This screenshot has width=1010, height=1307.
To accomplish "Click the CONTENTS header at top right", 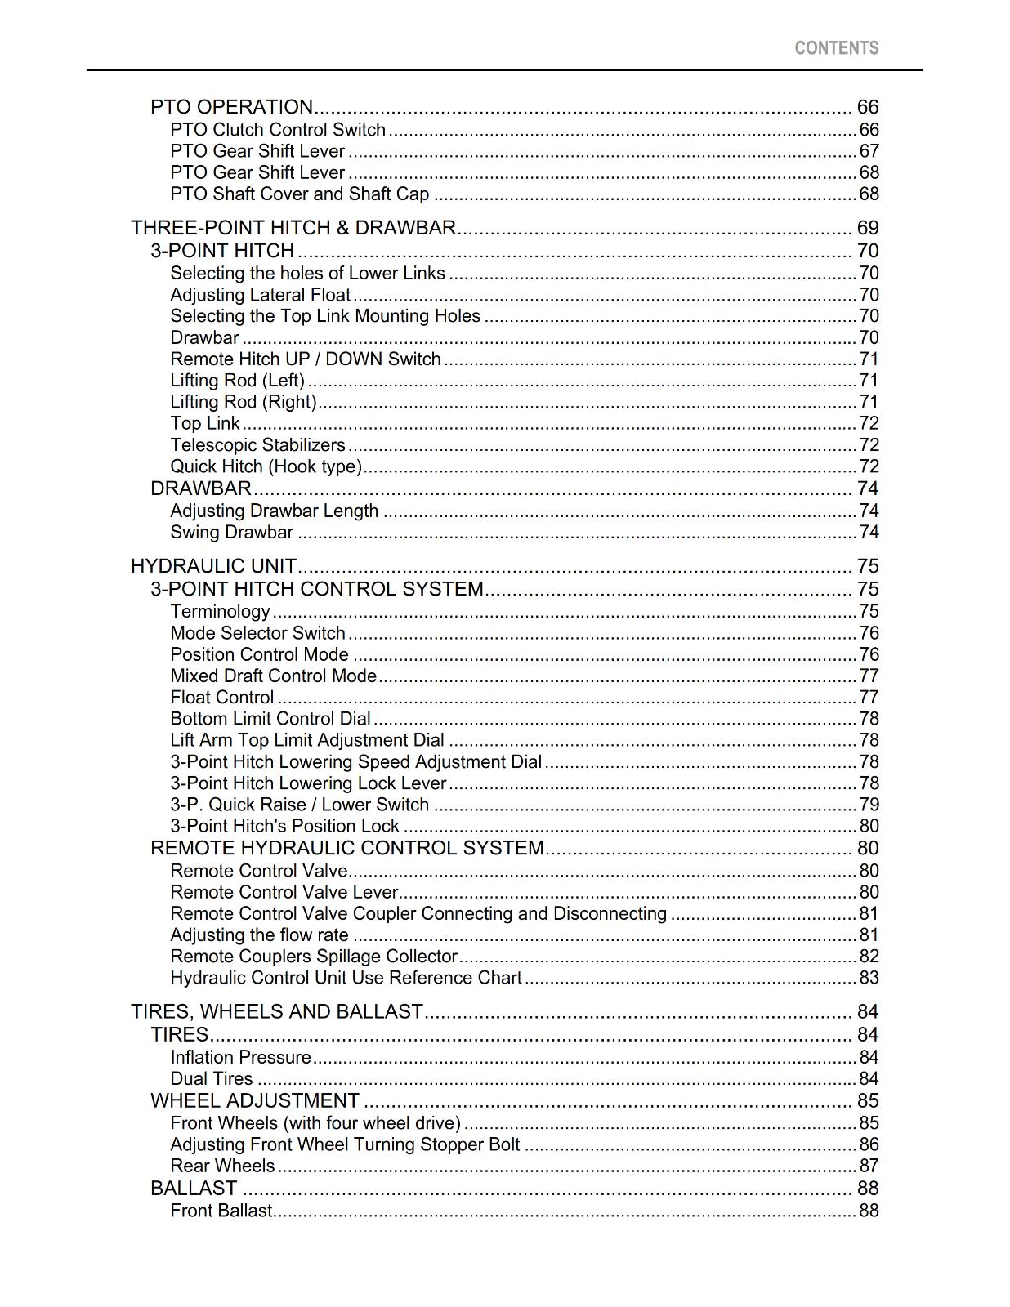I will tap(836, 48).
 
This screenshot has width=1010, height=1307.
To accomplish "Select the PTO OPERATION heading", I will tap(231, 107).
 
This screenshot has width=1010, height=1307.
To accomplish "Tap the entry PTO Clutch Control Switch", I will tap(278, 130).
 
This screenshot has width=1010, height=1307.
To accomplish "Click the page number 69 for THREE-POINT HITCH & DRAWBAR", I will tap(867, 228).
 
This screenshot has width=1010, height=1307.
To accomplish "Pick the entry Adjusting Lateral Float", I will tap(260, 295).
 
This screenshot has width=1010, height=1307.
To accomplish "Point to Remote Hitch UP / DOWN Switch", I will tap(305, 359).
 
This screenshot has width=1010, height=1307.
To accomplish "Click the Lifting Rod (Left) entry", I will tap(237, 381).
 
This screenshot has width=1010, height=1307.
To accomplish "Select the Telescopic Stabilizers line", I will tap(257, 445).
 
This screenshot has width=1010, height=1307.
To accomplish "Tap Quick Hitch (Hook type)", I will tap(266, 466).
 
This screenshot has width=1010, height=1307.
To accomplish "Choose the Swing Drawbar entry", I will tap(231, 533).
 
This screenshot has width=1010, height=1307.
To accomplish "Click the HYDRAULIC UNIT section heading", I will tap(213, 566).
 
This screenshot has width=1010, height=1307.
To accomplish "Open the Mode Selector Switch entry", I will tap(257, 633).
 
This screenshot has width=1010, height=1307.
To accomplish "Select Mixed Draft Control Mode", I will tap(273, 676).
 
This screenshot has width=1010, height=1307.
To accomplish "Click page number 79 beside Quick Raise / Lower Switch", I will tap(869, 805).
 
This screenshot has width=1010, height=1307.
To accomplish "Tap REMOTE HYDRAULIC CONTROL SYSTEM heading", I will tap(346, 848).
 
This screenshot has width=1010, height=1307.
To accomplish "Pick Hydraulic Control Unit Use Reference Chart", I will tap(346, 978).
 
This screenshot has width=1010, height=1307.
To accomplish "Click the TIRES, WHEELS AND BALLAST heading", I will tap(276, 1011).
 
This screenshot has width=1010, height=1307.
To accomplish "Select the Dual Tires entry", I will tap(211, 1079).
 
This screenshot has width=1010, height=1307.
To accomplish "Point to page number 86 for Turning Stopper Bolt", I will tap(869, 1144).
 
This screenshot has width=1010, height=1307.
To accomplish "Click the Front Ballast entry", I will tap(221, 1211).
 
